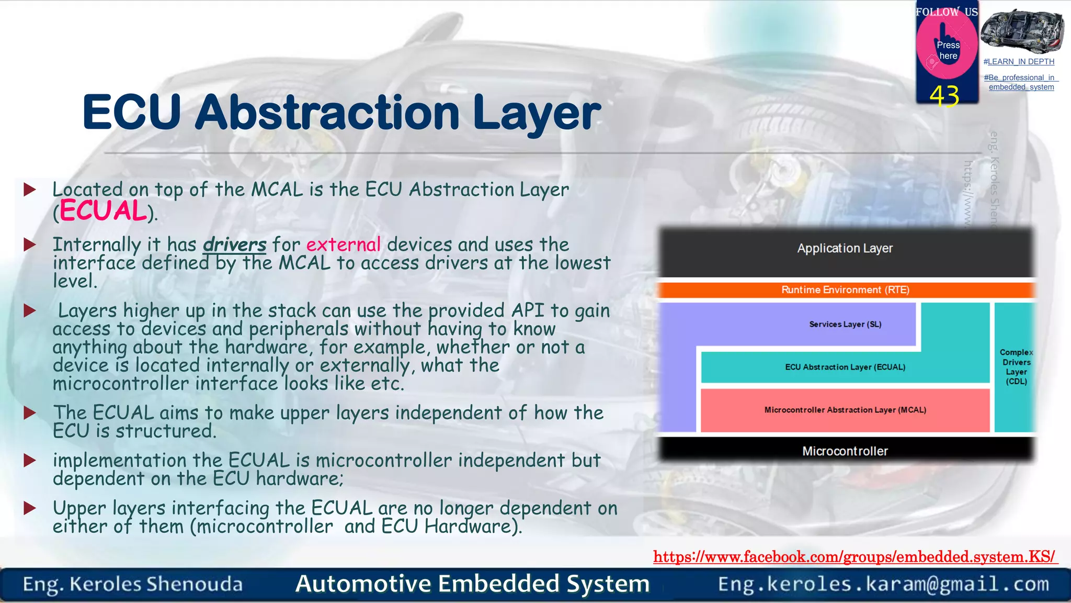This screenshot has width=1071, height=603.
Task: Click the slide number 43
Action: pyautogui.click(x=944, y=96)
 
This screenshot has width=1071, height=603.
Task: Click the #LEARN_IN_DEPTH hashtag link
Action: pyautogui.click(x=1019, y=62)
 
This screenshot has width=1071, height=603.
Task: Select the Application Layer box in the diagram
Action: pyautogui.click(x=845, y=249)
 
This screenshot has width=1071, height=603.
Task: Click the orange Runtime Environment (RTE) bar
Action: pyautogui.click(x=845, y=290)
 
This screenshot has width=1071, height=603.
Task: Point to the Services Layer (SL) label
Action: pyautogui.click(x=845, y=325)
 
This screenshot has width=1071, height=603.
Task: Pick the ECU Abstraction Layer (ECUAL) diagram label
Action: pyautogui.click(x=845, y=367)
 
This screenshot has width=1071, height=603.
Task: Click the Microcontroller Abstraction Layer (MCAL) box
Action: pyautogui.click(x=845, y=410)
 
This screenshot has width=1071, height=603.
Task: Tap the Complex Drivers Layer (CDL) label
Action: pyautogui.click(x=1016, y=367)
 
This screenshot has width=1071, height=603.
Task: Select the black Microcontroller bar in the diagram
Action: pyautogui.click(x=845, y=451)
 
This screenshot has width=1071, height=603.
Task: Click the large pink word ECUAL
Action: pyautogui.click(x=103, y=211)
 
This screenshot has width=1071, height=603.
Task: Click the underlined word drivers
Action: pyautogui.click(x=235, y=244)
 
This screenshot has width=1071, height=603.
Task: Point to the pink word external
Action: pyautogui.click(x=344, y=244)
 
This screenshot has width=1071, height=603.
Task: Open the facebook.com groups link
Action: pyautogui.click(x=854, y=557)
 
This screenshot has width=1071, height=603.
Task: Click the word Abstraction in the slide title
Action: pyautogui.click(x=327, y=113)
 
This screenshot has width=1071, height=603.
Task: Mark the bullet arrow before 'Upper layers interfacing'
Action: pyautogui.click(x=30, y=508)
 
